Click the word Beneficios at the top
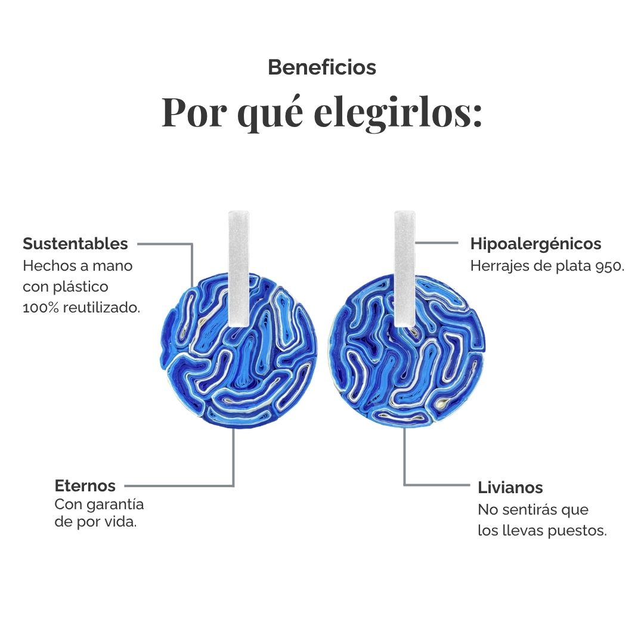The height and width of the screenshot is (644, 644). (x=322, y=67)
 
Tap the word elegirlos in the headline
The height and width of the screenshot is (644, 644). (x=397, y=113)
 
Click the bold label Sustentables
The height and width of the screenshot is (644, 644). (x=75, y=243)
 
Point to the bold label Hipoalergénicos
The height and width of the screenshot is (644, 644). (x=535, y=243)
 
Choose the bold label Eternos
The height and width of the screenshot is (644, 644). (x=85, y=486)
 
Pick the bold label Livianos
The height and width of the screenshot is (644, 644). (x=510, y=488)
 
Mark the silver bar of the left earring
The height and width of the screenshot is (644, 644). (x=239, y=268)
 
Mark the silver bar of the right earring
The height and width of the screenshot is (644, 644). (x=405, y=268)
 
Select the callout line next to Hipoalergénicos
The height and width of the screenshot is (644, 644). (x=436, y=243)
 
